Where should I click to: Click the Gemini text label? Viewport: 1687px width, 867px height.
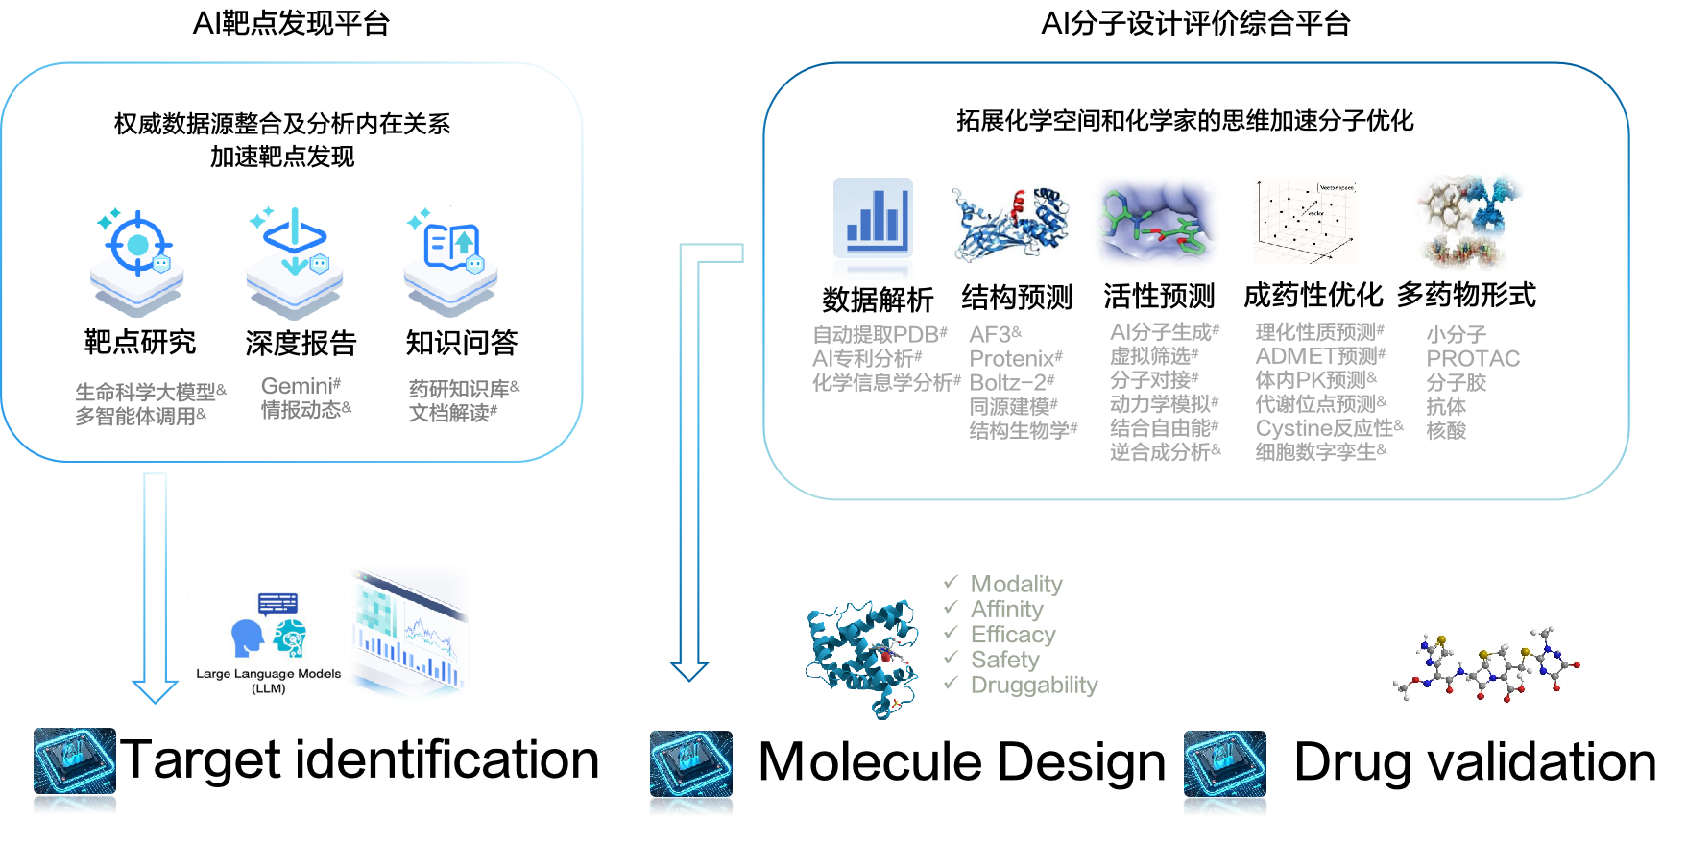[x=297, y=386]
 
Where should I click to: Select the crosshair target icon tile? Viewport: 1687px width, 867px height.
[x=136, y=263]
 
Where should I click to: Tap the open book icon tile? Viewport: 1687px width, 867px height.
[x=450, y=262]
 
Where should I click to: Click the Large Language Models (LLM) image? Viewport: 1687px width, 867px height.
[x=266, y=644]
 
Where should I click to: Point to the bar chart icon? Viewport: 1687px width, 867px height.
[x=873, y=229]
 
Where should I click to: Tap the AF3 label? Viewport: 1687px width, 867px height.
[x=990, y=335]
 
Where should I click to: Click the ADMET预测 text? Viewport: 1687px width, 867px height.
[x=1316, y=356]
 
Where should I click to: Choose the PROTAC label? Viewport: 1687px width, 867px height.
[x=1473, y=359]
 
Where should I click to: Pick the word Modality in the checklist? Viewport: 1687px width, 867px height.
[x=1017, y=584]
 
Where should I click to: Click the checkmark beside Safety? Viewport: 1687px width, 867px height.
[x=951, y=658]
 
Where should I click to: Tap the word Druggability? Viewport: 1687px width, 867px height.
[x=1034, y=685]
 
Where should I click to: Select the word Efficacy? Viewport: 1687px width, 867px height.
[x=1013, y=635]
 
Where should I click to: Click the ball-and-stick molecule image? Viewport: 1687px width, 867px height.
[x=1486, y=664]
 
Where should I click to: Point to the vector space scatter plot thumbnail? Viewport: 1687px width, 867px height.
[x=1306, y=222]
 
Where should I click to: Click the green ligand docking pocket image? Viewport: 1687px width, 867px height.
[x=1157, y=222]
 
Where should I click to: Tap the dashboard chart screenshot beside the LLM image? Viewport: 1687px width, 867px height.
[x=411, y=632]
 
